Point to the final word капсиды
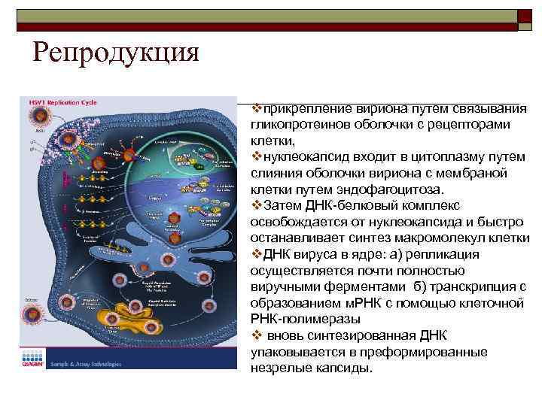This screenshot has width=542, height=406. tap(343, 368)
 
